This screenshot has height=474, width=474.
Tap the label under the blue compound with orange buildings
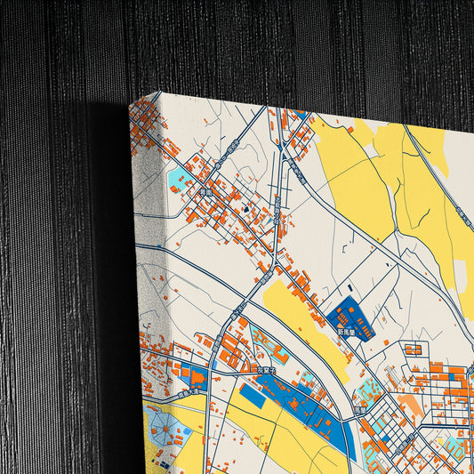point(346,332)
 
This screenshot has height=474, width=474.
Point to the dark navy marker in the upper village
point(246,210)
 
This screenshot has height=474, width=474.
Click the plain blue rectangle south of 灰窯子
point(252,396)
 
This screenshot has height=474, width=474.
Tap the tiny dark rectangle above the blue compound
point(350,287)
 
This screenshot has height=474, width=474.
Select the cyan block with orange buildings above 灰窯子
point(266,341)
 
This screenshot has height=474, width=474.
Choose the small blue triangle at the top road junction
point(301,115)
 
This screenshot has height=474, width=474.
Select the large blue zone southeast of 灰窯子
point(298,400)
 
